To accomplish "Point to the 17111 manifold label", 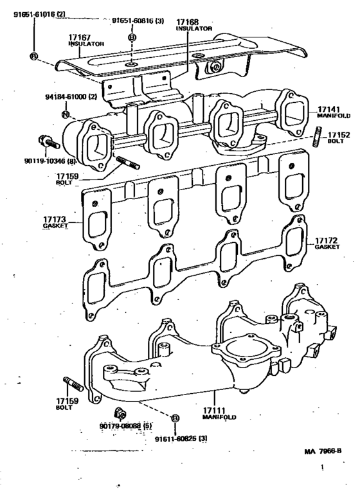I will click(219, 413).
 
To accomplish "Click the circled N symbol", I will click(64, 114).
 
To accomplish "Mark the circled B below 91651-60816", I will click(132, 37).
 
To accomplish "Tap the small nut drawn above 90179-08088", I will click(118, 412).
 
